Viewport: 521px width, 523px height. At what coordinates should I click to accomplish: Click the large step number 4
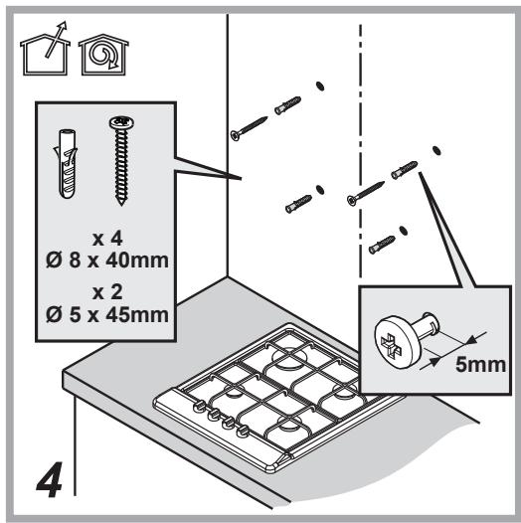pos(50,479)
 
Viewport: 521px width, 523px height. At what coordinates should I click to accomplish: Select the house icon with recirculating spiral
pos(103,55)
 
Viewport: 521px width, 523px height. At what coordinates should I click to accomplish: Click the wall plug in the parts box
pos(67,163)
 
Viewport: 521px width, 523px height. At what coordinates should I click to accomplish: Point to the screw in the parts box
pos(121,160)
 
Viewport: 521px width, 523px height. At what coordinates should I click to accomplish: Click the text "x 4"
pos(107,239)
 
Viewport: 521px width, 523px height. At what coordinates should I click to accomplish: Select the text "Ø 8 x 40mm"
pos(107,261)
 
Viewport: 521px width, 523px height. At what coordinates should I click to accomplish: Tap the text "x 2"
pos(107,292)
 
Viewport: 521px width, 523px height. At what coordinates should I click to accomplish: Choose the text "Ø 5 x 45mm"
pos(107,314)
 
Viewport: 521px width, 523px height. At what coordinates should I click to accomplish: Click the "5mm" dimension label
pos(480,364)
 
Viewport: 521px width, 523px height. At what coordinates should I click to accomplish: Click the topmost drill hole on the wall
pos(320,86)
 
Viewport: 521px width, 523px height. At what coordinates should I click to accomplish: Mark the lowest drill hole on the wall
pos(404,231)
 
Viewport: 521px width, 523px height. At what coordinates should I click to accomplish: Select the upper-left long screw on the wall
pos(249,128)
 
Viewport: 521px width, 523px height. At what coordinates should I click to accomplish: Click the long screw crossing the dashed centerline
pos(366,194)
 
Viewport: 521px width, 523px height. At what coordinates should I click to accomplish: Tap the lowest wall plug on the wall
pos(382,245)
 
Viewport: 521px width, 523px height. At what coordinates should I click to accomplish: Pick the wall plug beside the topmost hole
pos(288,105)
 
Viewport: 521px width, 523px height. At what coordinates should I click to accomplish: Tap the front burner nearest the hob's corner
pos(289,423)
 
